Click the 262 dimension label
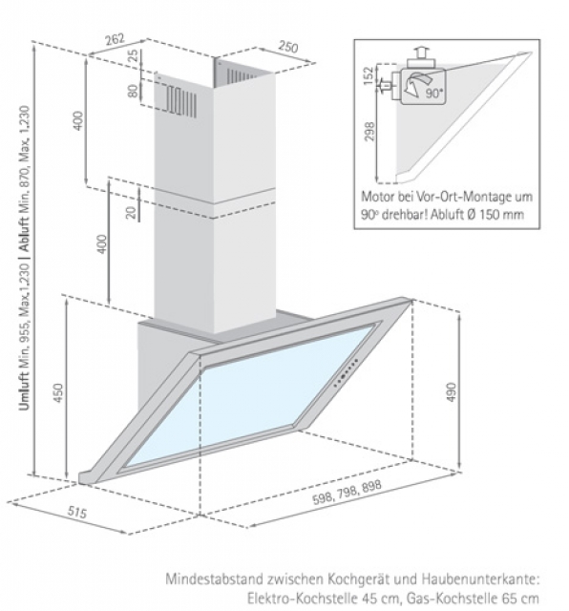point(115,39)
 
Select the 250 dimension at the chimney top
point(288,47)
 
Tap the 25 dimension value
point(134,55)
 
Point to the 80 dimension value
point(133,91)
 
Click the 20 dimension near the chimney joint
point(131,212)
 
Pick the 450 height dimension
point(57,392)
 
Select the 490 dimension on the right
point(451,392)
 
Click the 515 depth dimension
point(77,512)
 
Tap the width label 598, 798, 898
point(347,492)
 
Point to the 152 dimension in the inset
point(369,75)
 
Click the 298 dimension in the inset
point(369,132)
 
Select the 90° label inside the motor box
point(434,94)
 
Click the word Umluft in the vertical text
point(24,391)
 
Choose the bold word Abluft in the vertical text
point(25,235)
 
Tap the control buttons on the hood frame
point(346,373)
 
